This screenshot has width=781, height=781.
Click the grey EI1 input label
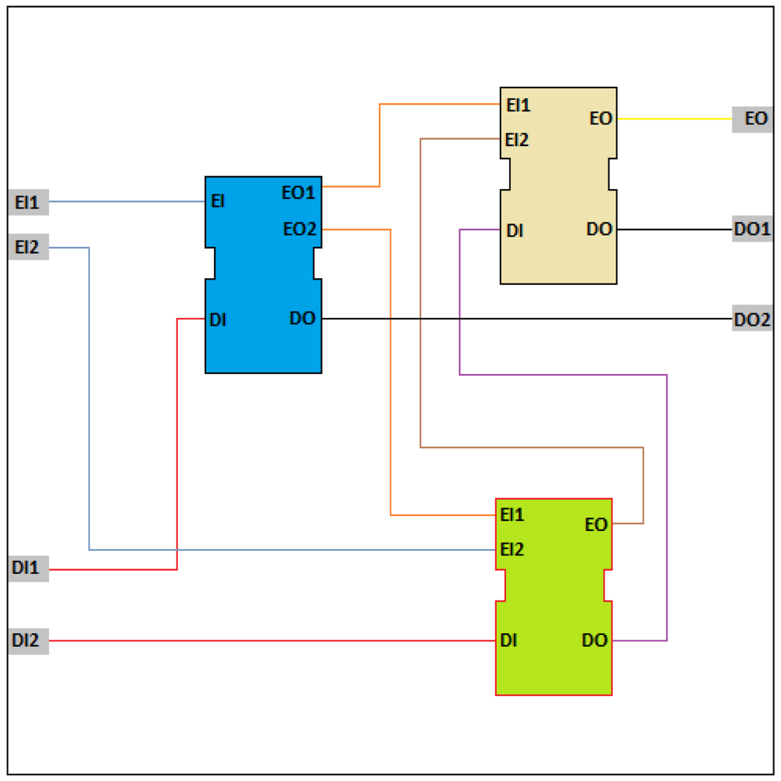pos(28,202)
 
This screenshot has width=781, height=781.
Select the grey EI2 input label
pos(28,248)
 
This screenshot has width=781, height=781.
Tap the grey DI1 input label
pos(28,569)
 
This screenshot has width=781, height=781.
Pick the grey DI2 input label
pos(28,641)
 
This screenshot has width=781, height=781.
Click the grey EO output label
pos(752,119)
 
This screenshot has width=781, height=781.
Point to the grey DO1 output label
pos(752,230)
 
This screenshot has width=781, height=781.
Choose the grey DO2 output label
pos(752,319)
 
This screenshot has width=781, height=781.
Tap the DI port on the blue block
pos(218,319)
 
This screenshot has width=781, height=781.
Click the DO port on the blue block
pos(302,319)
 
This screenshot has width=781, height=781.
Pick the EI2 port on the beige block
pos(517,140)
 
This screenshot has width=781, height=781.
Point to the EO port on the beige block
pos(601,119)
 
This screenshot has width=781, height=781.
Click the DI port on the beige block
pos(515,230)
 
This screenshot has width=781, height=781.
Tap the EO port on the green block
pos(596,525)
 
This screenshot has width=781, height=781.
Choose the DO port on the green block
pos(594,641)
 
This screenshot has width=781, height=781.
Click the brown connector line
pos(531,448)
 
